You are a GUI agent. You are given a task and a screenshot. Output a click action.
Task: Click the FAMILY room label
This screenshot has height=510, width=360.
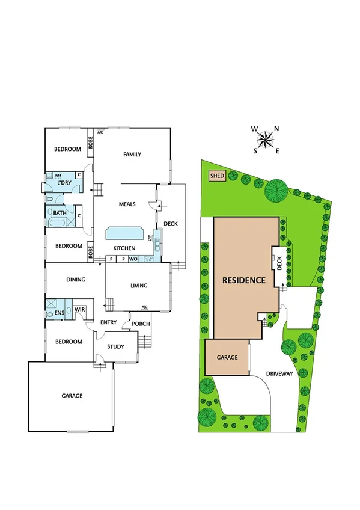(x=132, y=155)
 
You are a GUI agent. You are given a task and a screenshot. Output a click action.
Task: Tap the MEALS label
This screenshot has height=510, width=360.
(x=127, y=204)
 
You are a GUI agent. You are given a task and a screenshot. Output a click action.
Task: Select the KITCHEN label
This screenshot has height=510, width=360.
(x=124, y=248)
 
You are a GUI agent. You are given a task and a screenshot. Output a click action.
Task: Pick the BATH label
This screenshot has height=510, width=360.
(x=59, y=213)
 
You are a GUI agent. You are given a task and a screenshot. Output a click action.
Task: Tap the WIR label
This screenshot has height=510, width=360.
(x=79, y=310)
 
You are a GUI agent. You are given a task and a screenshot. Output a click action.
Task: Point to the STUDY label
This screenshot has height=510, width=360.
(x=116, y=347)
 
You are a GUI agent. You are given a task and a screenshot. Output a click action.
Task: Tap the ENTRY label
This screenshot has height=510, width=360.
(x=109, y=322)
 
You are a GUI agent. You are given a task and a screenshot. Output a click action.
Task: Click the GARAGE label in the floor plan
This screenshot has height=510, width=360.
(x=72, y=396)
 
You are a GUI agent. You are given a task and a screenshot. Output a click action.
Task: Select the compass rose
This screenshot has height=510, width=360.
(x=264, y=140)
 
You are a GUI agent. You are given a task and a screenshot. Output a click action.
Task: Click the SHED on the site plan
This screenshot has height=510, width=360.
(x=216, y=176)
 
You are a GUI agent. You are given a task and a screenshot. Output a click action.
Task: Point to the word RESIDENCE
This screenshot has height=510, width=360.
(x=244, y=280)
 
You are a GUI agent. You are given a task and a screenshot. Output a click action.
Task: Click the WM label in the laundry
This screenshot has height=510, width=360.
(x=59, y=175)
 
